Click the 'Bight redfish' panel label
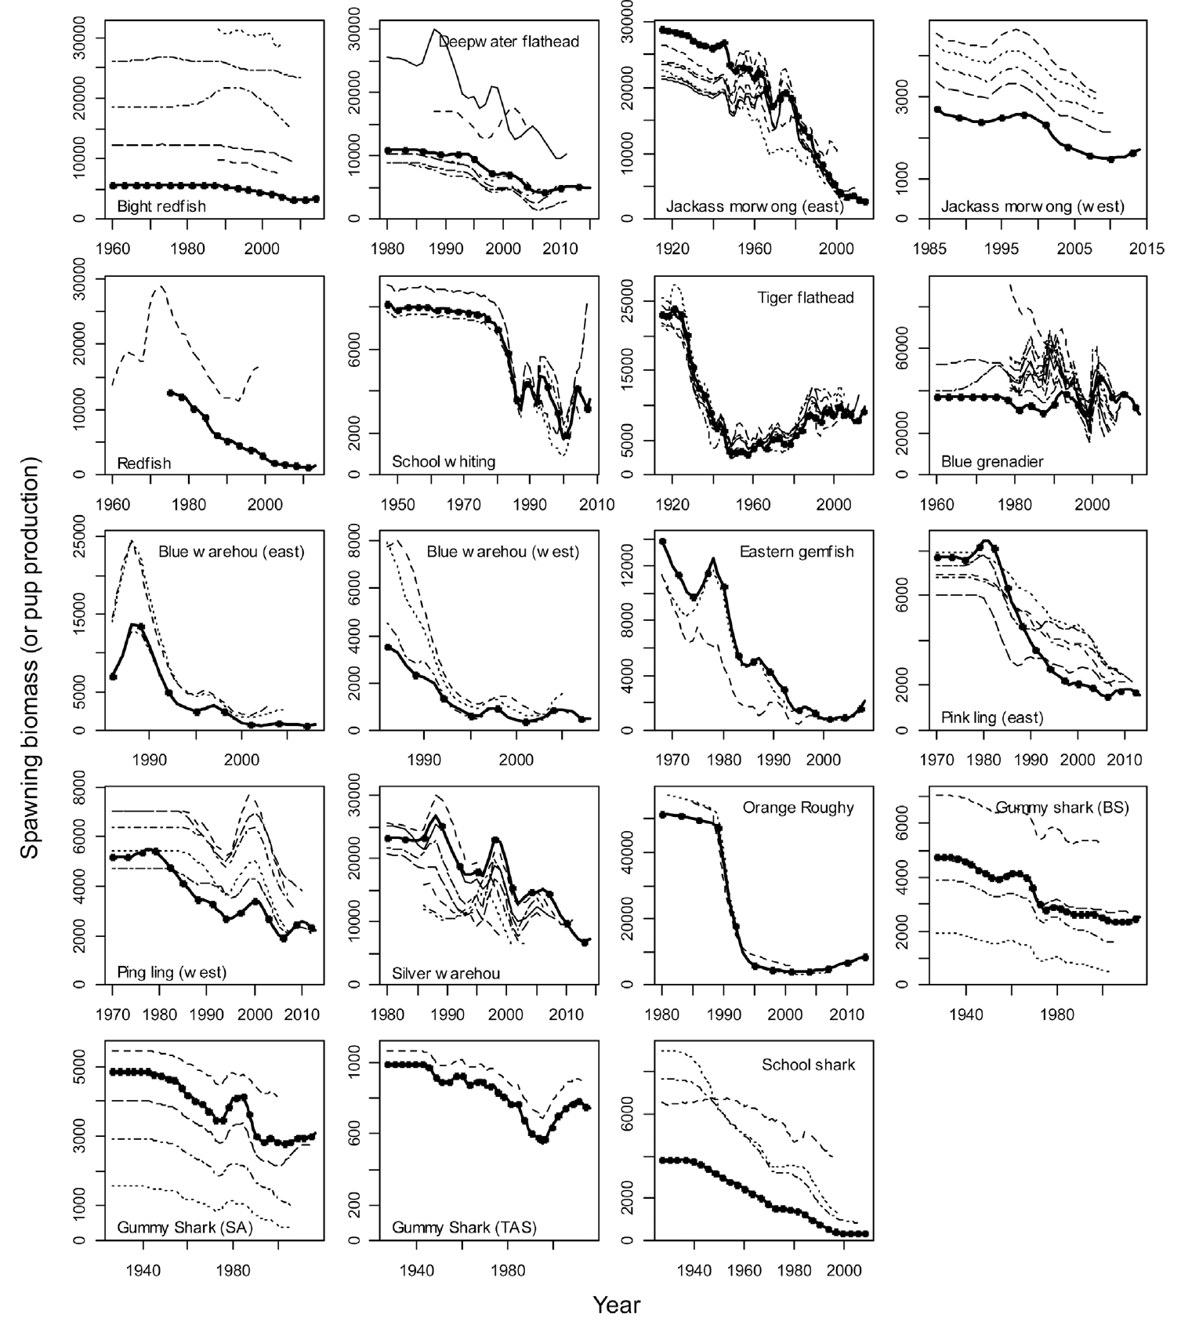161,207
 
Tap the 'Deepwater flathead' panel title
509,42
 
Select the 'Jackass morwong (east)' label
755,207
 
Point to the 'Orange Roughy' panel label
798,808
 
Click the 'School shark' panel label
808,1065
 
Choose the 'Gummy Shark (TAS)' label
464,1228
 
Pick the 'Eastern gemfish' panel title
796,552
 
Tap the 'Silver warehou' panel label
446,974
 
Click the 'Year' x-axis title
617,1305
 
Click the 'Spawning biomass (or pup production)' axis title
30,659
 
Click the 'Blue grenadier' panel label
992,462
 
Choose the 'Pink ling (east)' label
992,717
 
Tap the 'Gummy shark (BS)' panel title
1062,808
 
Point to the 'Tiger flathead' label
805,298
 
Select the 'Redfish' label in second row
144,463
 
